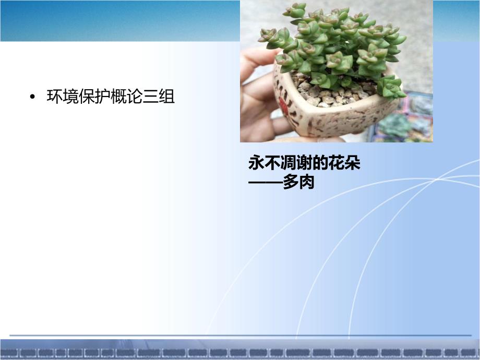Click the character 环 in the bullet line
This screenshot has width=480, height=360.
(x=54, y=97)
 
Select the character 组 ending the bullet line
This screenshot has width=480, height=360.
(x=166, y=97)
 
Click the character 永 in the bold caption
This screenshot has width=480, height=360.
(x=256, y=163)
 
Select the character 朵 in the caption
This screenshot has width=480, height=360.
(x=352, y=163)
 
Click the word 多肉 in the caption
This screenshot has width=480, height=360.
(x=298, y=182)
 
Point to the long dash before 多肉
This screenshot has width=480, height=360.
(x=266, y=183)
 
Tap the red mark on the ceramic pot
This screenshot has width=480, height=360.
(x=283, y=107)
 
